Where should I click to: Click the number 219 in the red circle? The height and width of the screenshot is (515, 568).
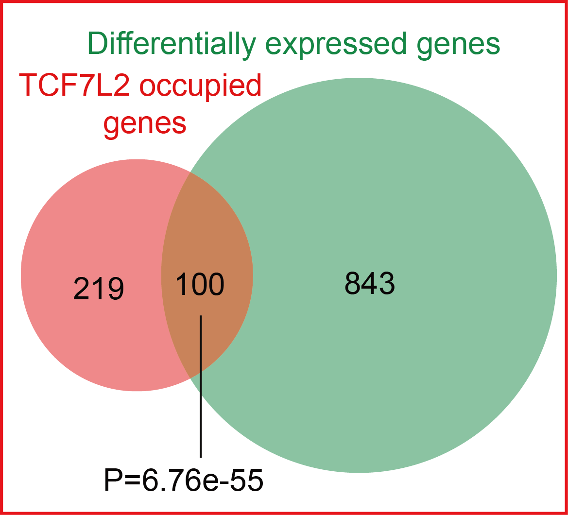click(99, 288)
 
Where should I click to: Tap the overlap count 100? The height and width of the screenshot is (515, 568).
click(200, 284)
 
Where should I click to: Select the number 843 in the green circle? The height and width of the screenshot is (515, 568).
click(369, 283)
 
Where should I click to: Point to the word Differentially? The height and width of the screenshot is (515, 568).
click(172, 45)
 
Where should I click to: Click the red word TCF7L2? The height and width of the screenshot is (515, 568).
click(75, 86)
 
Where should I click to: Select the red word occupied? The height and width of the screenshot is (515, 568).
click(200, 87)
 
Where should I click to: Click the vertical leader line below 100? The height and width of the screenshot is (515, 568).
click(200, 386)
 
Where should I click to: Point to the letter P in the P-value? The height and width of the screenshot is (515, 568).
click(113, 480)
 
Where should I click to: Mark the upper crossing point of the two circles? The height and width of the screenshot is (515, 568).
click(189, 172)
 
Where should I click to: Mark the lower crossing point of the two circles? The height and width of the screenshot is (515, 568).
click(189, 378)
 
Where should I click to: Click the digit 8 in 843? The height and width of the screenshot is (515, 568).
click(353, 283)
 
